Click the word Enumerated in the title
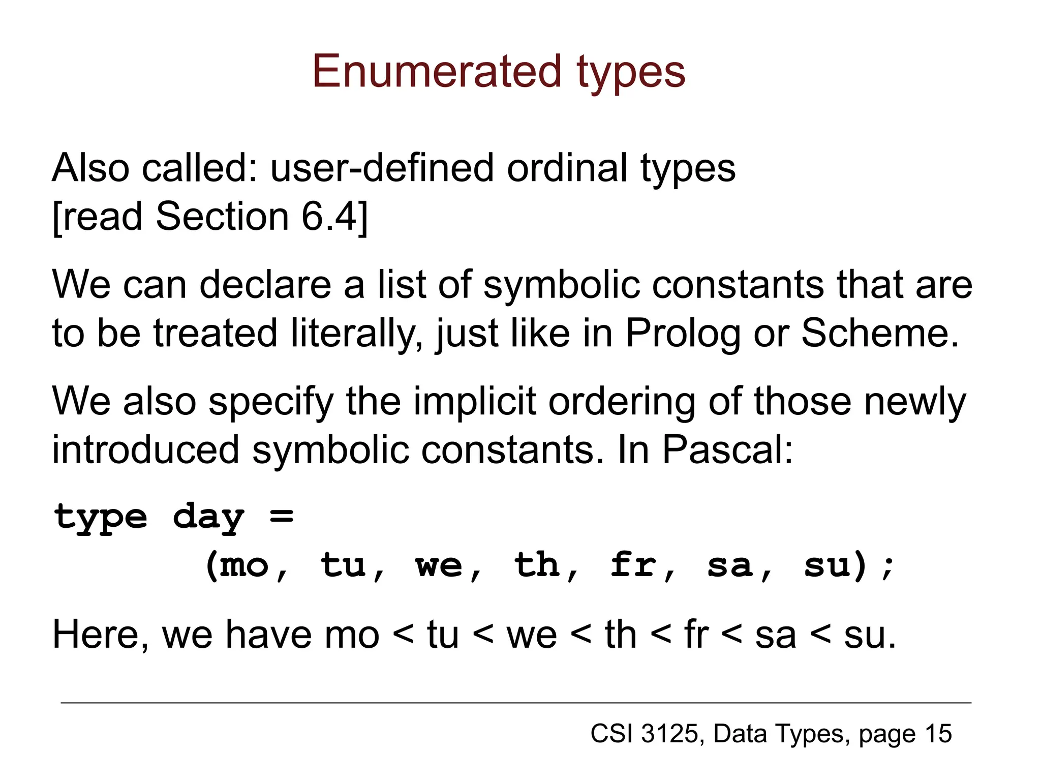point(436,72)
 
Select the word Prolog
point(682,333)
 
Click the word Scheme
point(880,333)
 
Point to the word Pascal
point(727,450)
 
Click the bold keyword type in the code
point(101,518)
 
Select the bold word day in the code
point(208,518)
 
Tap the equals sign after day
point(282,517)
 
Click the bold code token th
point(537,565)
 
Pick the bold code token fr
point(633,565)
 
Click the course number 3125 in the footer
point(669,734)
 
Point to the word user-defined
point(382,168)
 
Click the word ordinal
point(567,168)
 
